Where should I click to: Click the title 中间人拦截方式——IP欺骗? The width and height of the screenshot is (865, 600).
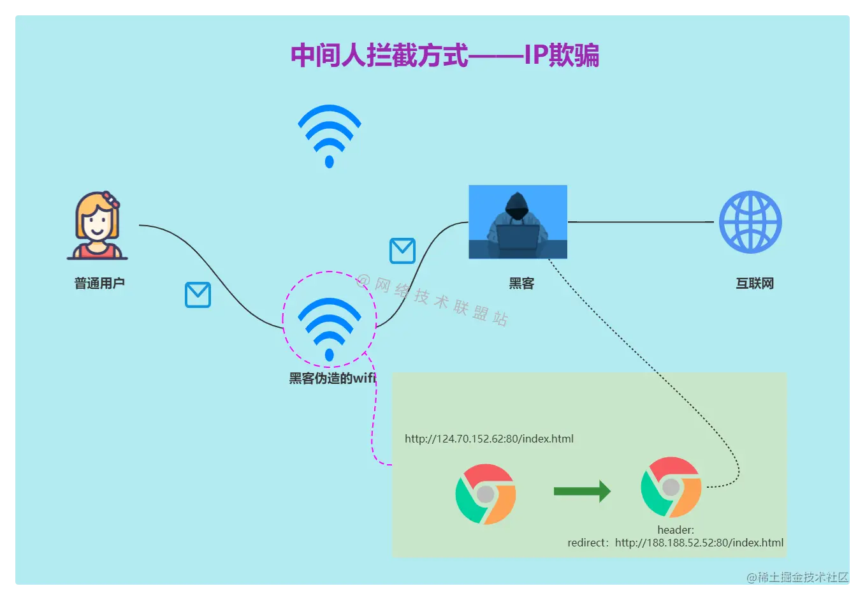[444, 55]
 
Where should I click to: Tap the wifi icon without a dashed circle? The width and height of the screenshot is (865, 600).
[330, 135]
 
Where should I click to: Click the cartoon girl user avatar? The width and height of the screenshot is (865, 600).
[98, 226]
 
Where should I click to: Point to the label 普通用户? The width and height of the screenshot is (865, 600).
[99, 283]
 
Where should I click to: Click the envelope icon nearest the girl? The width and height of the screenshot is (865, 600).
[198, 295]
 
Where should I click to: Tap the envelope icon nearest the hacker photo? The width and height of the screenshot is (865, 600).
[402, 251]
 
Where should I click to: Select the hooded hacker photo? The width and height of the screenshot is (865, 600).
[518, 221]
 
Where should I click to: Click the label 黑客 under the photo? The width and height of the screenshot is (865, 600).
[521, 284]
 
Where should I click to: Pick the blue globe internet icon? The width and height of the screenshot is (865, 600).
[750, 222]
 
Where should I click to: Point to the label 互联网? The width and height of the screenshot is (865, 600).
[755, 284]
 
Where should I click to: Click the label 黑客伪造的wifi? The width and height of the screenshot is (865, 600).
[332, 378]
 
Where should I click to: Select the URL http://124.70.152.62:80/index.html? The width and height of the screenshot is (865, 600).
[489, 439]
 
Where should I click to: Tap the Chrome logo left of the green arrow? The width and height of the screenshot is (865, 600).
[486, 494]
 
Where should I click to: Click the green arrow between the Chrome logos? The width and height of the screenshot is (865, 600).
[582, 491]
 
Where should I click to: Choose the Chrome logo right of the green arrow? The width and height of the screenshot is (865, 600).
[671, 487]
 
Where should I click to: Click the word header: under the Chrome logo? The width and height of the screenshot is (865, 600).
[676, 530]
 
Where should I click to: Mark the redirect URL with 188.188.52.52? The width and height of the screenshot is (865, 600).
[676, 543]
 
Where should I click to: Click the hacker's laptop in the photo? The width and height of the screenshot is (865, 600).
[518, 237]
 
